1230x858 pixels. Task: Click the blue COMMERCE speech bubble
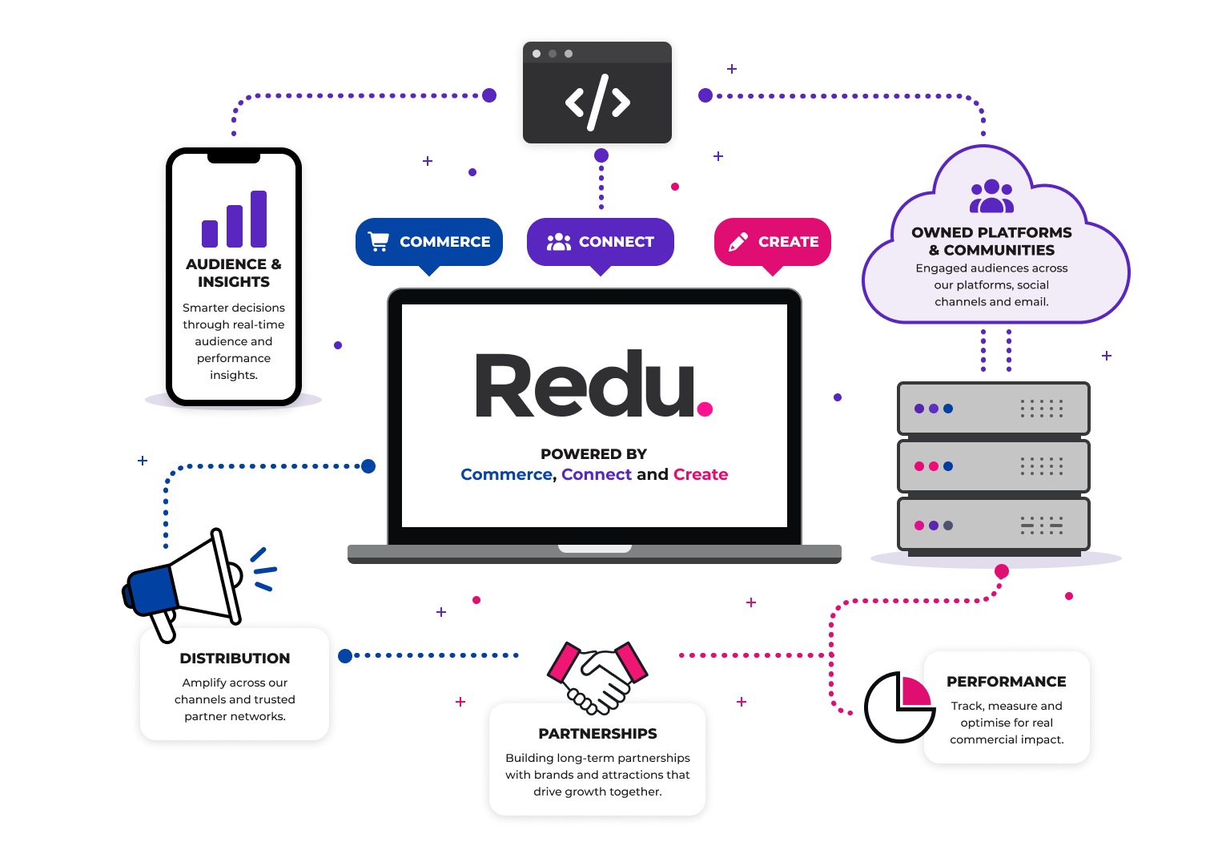click(x=429, y=243)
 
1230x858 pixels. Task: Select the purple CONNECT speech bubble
click(x=600, y=243)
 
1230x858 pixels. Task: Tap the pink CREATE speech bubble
click(x=773, y=243)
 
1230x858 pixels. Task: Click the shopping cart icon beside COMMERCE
click(x=378, y=242)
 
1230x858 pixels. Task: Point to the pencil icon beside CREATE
click(x=738, y=242)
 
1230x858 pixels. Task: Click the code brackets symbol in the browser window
click(x=597, y=103)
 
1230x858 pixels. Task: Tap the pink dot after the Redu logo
click(x=705, y=409)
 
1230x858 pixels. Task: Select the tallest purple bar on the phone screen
click(x=259, y=220)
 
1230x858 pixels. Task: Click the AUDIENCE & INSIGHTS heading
click(x=234, y=273)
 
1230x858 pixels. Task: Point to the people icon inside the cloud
click(x=991, y=196)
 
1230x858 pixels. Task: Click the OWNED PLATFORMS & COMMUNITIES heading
click(x=991, y=241)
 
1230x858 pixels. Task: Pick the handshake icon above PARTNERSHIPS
click(x=597, y=678)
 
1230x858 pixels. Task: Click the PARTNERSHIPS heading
click(x=597, y=734)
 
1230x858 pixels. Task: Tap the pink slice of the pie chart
click(x=916, y=691)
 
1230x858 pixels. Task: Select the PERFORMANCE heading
click(x=1007, y=682)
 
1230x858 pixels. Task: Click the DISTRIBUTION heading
click(x=235, y=659)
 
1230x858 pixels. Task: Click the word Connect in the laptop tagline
click(x=597, y=474)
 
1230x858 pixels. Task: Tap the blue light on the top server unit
click(x=948, y=409)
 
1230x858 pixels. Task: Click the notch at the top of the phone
click(x=233, y=158)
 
